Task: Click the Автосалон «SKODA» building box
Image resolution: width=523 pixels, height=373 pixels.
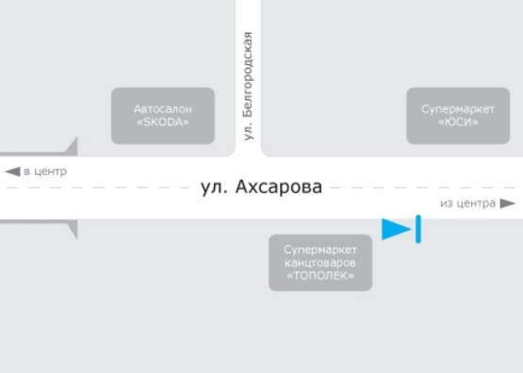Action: coord(163,116)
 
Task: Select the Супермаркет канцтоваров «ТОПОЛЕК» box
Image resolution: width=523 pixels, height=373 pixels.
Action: coord(320,263)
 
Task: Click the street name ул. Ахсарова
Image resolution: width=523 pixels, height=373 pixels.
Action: coord(262,186)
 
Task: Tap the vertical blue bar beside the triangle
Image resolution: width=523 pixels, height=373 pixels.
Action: coord(417,229)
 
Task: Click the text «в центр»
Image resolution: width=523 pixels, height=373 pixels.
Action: coord(45,171)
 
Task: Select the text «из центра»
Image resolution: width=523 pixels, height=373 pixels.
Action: coord(467,203)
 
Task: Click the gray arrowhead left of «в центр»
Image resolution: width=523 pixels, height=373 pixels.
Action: coord(12,171)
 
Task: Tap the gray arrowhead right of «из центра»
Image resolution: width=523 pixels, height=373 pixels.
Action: coord(507,203)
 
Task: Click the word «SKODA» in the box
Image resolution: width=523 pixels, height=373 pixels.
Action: coord(163,122)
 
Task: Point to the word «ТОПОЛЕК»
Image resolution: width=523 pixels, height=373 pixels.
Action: coord(320,277)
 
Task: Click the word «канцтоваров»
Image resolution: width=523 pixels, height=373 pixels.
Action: coord(320,263)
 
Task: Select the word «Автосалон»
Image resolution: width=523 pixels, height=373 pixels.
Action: coord(163,108)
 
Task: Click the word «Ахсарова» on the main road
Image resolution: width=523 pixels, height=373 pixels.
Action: coord(280,186)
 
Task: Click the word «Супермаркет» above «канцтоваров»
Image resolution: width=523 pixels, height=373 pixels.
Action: coord(320,249)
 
